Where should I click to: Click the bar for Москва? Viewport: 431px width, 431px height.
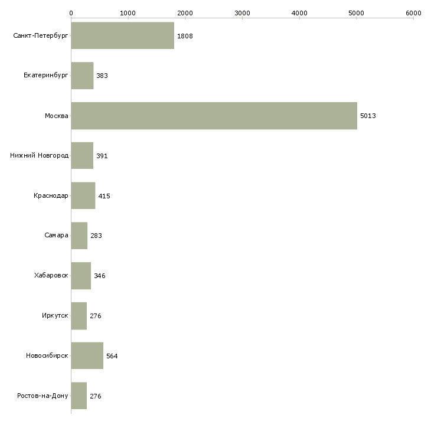[x=214, y=116]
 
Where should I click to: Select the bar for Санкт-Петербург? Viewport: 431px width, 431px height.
[x=122, y=36]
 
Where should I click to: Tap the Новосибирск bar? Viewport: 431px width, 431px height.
[x=87, y=356]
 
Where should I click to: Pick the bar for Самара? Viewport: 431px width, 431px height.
[x=79, y=236]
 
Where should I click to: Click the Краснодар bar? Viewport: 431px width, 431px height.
[x=83, y=196]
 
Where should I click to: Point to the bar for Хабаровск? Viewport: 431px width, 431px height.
[x=81, y=276]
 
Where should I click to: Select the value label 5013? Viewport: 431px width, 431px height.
[x=368, y=116]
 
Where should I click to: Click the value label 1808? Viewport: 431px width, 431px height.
[x=185, y=36]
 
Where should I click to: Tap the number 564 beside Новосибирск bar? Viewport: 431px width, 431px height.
[x=112, y=356]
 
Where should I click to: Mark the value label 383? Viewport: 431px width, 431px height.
[x=102, y=76]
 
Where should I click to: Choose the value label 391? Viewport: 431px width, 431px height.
[x=102, y=156]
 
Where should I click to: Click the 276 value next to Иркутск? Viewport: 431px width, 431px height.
[x=96, y=316]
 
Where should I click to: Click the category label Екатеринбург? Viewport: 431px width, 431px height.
[x=46, y=76]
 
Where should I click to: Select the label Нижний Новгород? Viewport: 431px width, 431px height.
[x=39, y=156]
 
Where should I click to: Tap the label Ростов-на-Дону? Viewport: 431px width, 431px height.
[x=43, y=396]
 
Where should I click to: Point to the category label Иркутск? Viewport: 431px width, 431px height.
[x=55, y=316]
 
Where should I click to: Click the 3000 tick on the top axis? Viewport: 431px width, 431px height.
[x=242, y=12]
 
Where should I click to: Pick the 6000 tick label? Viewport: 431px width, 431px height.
[x=413, y=12]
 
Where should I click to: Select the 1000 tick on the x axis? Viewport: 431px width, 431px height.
[x=128, y=12]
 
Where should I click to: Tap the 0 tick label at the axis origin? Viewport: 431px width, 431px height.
[x=71, y=12]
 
